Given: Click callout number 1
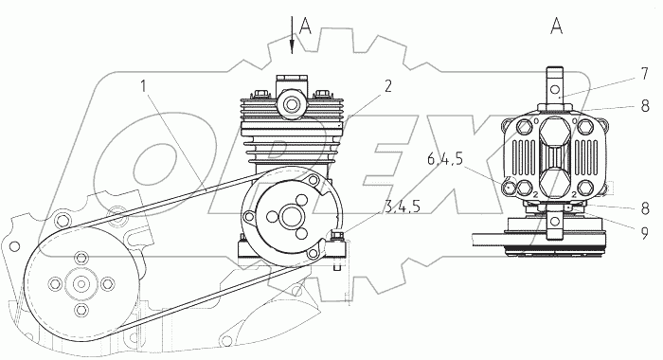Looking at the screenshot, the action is (144, 87).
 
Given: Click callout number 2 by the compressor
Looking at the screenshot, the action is (387, 86).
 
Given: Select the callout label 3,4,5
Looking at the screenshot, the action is (403, 207).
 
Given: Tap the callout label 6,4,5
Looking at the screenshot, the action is (445, 160).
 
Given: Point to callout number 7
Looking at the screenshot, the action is (644, 74).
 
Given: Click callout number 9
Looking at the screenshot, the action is (644, 233).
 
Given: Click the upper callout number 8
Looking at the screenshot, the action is (645, 106).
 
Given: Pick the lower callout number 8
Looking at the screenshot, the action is (645, 208).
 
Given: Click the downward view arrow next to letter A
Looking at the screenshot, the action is (292, 35).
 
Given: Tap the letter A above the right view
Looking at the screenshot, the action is (557, 27).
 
